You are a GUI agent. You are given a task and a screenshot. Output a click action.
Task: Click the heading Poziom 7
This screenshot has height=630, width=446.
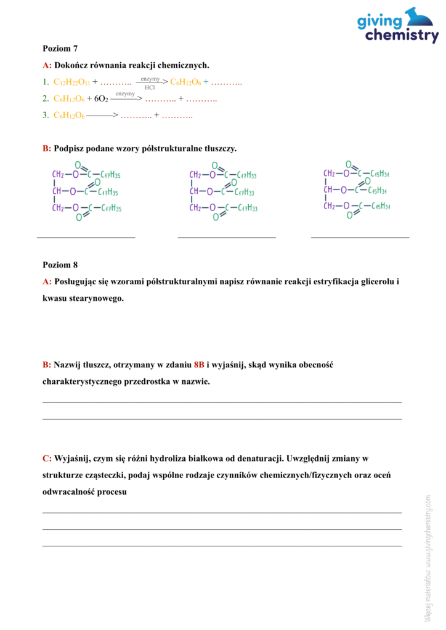point(60,48)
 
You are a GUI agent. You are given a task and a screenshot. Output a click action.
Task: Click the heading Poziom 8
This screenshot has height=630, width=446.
point(60,265)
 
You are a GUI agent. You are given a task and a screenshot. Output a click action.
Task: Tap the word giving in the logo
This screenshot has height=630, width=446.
point(380,22)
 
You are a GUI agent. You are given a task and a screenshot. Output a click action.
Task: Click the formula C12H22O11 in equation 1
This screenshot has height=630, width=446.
point(71,82)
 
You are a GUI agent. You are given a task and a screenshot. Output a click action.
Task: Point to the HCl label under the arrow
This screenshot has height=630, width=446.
point(150,88)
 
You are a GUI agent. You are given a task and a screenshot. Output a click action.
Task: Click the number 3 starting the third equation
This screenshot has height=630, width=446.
point(45,115)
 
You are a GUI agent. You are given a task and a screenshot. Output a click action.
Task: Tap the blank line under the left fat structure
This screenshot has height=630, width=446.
point(86,237)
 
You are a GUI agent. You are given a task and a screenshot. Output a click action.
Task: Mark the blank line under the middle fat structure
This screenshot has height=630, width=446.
point(227,237)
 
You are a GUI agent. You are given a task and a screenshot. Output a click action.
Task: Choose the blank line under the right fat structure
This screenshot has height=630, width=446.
point(360,237)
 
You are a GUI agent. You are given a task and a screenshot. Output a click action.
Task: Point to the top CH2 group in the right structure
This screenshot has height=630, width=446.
point(330,173)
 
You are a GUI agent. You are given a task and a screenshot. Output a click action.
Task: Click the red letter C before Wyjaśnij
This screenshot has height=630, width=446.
point(46,458)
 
